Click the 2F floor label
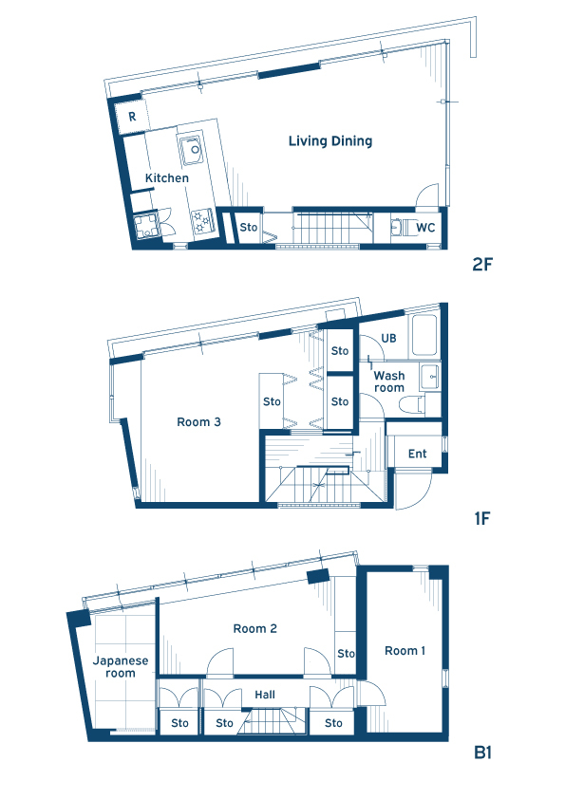(x=481, y=265)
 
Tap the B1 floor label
(x=482, y=753)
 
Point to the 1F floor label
(x=481, y=519)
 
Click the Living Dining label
(x=330, y=141)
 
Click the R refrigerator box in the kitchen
(x=132, y=118)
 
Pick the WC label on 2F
(x=425, y=227)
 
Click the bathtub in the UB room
(x=424, y=335)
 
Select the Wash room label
(x=389, y=381)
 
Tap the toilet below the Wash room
(x=412, y=405)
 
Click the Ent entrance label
(x=418, y=454)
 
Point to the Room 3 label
(x=198, y=422)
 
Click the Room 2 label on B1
(x=255, y=629)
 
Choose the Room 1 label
(x=405, y=651)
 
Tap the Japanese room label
(x=121, y=666)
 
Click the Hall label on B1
(x=265, y=695)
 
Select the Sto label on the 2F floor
(x=249, y=227)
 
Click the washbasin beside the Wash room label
(x=430, y=378)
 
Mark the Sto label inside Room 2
(x=346, y=653)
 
